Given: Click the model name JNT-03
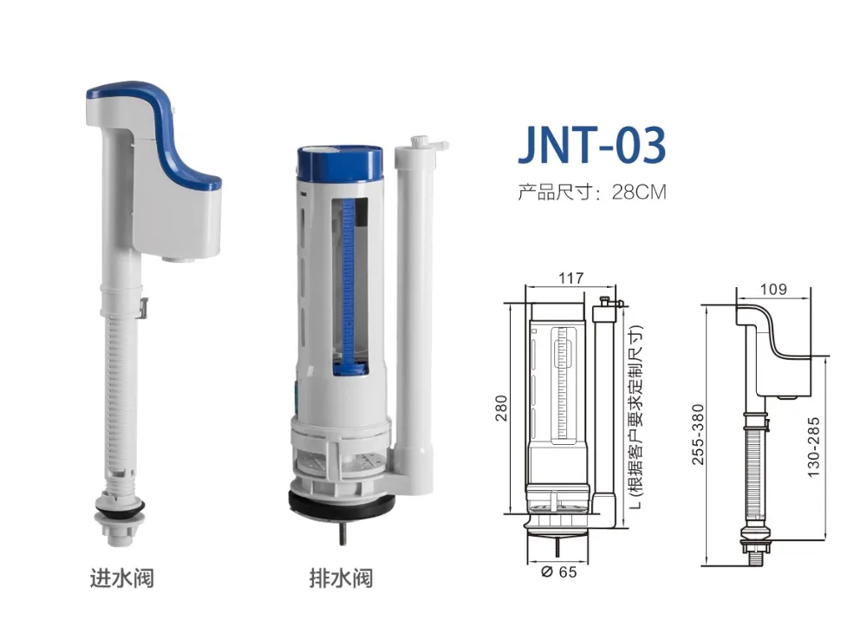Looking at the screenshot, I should click(592, 145).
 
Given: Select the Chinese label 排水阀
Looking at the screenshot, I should click(341, 577).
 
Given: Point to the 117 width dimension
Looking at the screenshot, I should click(571, 278).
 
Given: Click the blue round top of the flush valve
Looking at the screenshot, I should click(340, 161).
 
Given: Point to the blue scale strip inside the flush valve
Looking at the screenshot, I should click(349, 278).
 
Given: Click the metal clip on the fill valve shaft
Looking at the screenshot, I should click(144, 306).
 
